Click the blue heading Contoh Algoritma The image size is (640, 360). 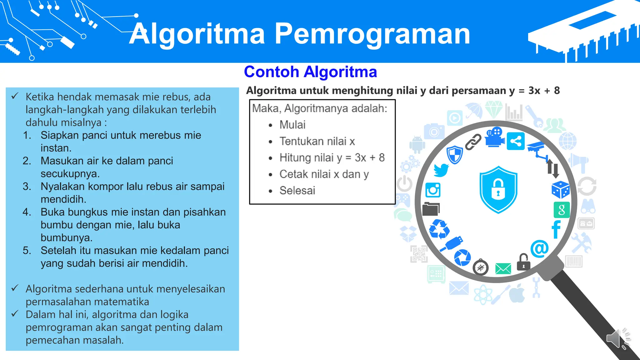coord(310,72)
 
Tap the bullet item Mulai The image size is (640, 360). coord(292,125)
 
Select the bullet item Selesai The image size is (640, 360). coord(297,190)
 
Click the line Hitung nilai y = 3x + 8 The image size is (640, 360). coord(332,157)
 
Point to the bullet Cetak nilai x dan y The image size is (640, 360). coord(324,174)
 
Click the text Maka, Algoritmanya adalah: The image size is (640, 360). coord(319,108)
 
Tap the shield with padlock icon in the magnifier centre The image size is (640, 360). coord(498,189)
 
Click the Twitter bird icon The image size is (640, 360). coord(441,170)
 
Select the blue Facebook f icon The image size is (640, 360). coord(556,229)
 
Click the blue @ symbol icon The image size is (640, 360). coord(539,248)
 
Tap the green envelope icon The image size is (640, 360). coord(503,268)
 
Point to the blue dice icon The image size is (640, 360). coord(560,189)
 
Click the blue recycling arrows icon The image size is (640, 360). coord(439,229)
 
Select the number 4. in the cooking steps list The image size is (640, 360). coord(27,212)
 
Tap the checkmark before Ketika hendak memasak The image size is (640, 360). coord(15,96)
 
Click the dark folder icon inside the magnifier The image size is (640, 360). coord(431,209)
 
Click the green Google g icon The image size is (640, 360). coord(561,210)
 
